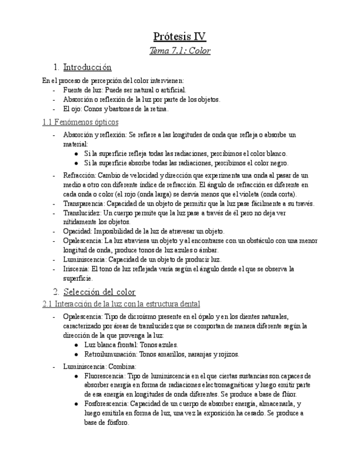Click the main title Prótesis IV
[180, 37]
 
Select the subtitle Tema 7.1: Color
[180, 51]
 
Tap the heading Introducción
[87, 68]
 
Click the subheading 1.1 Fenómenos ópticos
[80, 122]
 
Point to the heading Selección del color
[99, 292]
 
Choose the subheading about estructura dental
[121, 304]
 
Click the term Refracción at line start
[79, 175]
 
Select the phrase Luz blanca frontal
[108, 345]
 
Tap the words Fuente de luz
[81, 90]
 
